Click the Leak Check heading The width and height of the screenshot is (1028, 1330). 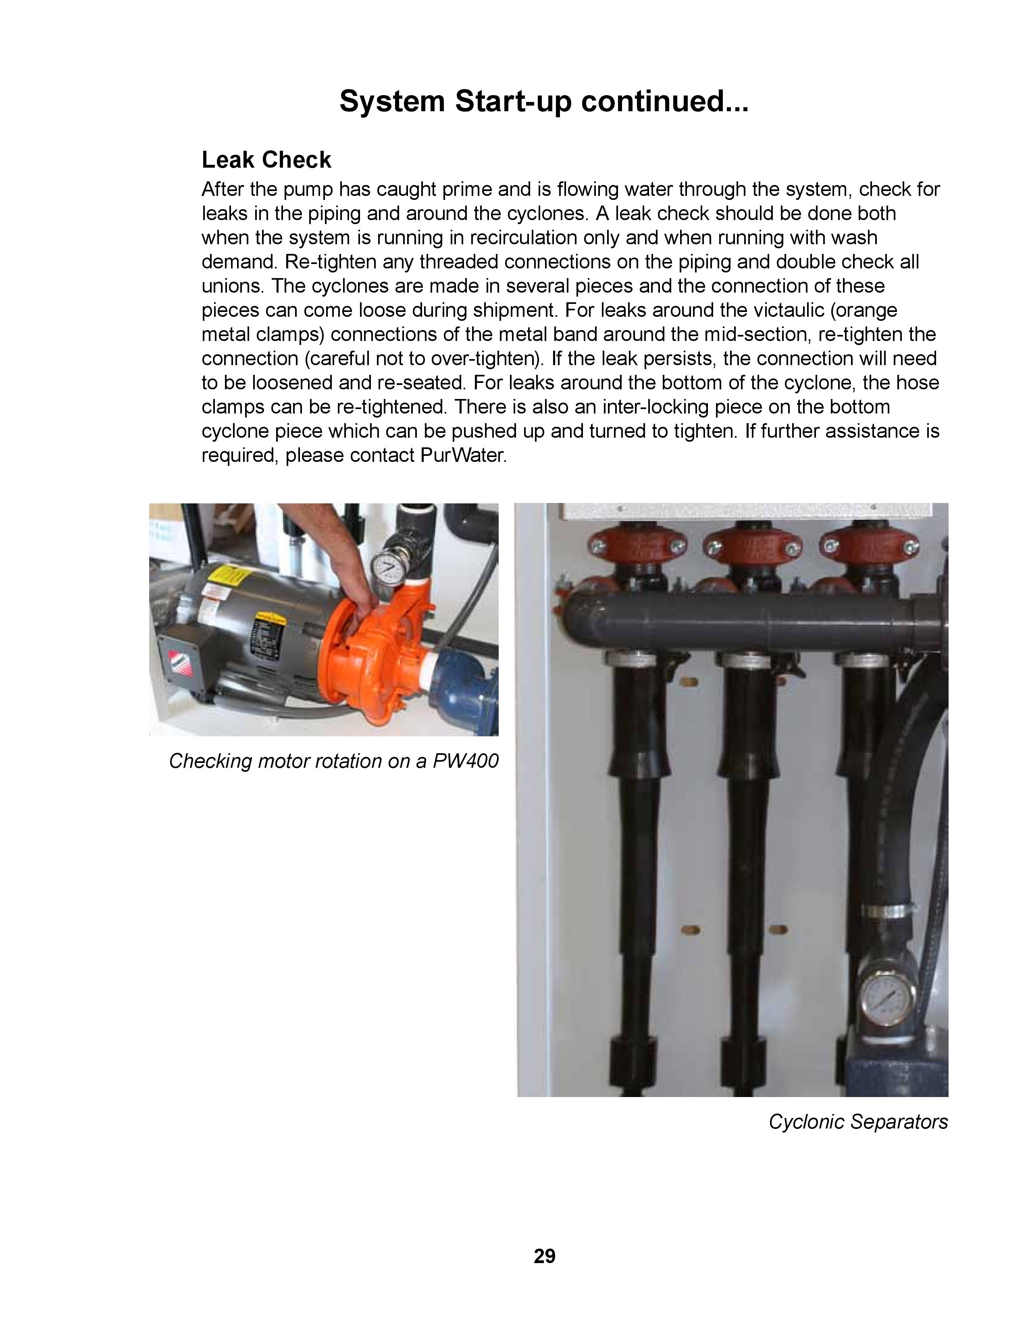266,160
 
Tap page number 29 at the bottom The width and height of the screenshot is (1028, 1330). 545,1256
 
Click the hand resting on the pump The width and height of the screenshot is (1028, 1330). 362,609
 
